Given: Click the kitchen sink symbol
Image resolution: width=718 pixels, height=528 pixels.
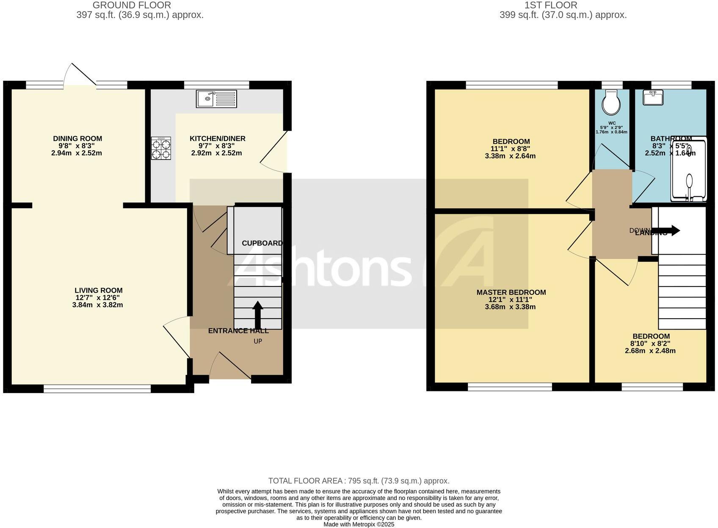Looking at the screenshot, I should pyautogui.click(x=216, y=99).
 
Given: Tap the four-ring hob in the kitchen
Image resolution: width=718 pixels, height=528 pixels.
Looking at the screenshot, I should pyautogui.click(x=161, y=148).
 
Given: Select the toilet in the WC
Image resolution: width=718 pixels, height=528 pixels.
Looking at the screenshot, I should pyautogui.click(x=611, y=102).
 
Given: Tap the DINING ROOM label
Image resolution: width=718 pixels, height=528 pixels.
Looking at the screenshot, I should pyautogui.click(x=77, y=138).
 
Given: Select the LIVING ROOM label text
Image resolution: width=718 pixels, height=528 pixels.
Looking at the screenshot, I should pyautogui.click(x=99, y=290).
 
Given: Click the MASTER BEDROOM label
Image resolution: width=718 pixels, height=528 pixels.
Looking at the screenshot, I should pyautogui.click(x=511, y=292).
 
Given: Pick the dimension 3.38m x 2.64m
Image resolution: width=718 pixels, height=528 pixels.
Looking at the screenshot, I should pyautogui.click(x=510, y=156).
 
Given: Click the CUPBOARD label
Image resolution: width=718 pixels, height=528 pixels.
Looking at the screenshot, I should pyautogui.click(x=262, y=243).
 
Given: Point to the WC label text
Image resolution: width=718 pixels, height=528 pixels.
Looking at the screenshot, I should pyautogui.click(x=612, y=123).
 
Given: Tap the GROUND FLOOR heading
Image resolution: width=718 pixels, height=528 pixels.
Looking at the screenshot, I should pyautogui.click(x=132, y=5).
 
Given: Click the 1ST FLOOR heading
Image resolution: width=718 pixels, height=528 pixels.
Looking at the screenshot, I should pyautogui.click(x=550, y=5).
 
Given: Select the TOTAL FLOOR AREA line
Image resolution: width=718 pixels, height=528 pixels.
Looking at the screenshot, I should pyautogui.click(x=359, y=481).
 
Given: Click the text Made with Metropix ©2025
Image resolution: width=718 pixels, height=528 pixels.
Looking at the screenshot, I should pyautogui.click(x=359, y=524).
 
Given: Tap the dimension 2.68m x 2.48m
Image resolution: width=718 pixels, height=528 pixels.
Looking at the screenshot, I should pyautogui.click(x=650, y=351).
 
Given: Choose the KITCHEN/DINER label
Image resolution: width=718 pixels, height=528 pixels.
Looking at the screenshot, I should pyautogui.click(x=217, y=138).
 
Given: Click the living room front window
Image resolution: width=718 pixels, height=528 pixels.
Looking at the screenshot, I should pyautogui.click(x=97, y=389).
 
